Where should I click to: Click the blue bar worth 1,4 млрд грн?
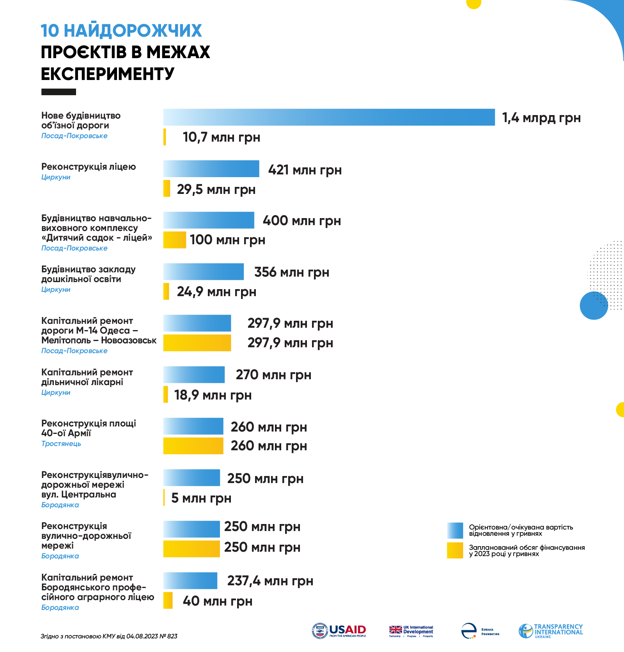(x=329, y=117)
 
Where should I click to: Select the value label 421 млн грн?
(x=305, y=170)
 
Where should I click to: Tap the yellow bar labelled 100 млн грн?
(x=174, y=240)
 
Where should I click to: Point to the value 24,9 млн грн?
(x=216, y=291)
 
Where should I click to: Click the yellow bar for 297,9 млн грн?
(x=197, y=343)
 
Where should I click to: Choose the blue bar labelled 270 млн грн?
(x=194, y=375)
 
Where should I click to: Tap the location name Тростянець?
(x=61, y=444)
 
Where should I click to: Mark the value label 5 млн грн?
(x=201, y=498)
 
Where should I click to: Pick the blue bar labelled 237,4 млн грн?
(x=190, y=581)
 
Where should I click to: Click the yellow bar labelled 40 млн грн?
(x=168, y=600)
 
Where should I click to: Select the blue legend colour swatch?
(x=455, y=531)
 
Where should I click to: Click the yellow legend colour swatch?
(x=455, y=551)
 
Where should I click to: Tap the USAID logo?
(x=339, y=631)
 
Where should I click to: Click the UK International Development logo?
(x=411, y=631)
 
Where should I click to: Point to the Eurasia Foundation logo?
(x=480, y=631)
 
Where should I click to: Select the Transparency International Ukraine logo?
(x=551, y=631)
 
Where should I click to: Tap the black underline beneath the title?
(x=58, y=92)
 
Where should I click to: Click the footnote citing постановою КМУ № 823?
(x=109, y=636)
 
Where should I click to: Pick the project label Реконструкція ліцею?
(x=89, y=167)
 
